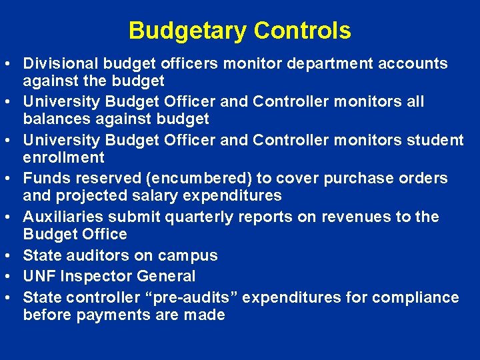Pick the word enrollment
64,158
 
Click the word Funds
47,179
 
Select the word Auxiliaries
63,217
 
